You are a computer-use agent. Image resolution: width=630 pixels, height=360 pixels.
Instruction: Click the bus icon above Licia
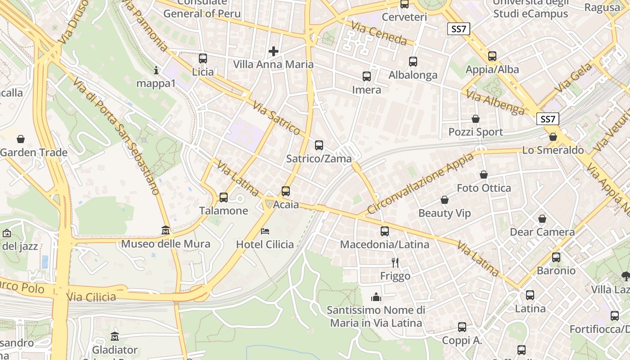[x=203, y=58]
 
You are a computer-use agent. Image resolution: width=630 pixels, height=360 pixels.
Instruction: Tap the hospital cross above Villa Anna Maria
[x=273, y=51]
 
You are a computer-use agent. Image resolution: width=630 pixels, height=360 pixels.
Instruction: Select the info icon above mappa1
[x=156, y=70]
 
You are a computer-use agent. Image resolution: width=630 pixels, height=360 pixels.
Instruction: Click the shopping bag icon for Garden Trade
[x=20, y=139]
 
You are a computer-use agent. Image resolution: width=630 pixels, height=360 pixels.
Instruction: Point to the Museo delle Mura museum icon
[x=166, y=230]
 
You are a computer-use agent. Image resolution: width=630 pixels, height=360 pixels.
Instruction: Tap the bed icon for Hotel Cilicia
[x=265, y=231]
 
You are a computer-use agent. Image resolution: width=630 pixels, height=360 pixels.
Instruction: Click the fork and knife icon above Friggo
[x=395, y=262]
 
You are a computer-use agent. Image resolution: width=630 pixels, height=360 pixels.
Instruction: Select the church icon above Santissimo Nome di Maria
[x=376, y=297]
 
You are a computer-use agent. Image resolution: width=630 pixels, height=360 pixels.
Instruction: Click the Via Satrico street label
[x=276, y=118]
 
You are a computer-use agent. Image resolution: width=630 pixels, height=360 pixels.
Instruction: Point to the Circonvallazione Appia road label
[x=420, y=183]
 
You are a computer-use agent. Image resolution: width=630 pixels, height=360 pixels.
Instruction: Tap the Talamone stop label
[x=224, y=211]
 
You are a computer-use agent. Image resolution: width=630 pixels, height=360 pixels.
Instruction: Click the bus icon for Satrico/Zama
[x=319, y=145]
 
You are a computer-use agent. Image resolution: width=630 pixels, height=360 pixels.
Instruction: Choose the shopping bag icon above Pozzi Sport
[x=476, y=119]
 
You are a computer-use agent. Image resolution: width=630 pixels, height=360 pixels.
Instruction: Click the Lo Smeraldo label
[x=553, y=150]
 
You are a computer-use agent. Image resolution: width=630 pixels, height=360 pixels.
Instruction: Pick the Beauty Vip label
[x=445, y=213]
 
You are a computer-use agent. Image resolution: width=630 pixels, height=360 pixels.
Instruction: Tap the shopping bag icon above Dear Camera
[x=542, y=219]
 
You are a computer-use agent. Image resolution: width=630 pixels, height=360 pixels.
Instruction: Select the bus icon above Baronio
[x=556, y=257]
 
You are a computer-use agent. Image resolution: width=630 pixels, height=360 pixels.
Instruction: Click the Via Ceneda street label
[x=379, y=34]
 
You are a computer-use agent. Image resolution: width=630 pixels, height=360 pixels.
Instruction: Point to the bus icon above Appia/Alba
[x=492, y=56]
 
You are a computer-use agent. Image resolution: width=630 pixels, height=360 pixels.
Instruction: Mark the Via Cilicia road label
[x=91, y=297]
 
